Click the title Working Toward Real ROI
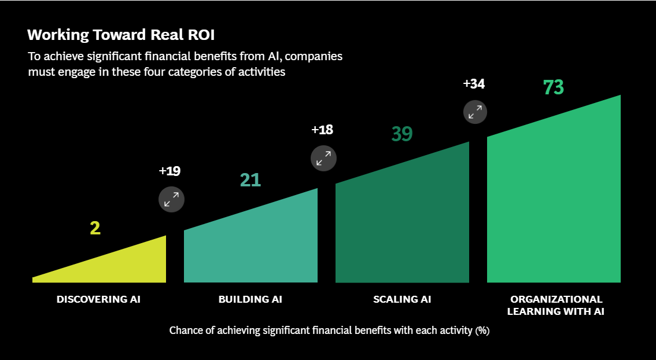coord(121,35)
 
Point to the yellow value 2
coord(95,228)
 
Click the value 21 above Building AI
coord(250,180)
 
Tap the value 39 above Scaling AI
coord(402,134)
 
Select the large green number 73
coord(553,87)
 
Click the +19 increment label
coord(169,171)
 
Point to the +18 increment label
coord(322,130)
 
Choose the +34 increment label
coord(474,84)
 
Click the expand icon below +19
coord(171,199)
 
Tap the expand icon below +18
coord(323,157)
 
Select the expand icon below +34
coord(475,111)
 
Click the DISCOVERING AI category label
coord(98,299)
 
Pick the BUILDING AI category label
coord(250,299)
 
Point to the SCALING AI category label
coord(402,299)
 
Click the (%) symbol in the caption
coord(482,331)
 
